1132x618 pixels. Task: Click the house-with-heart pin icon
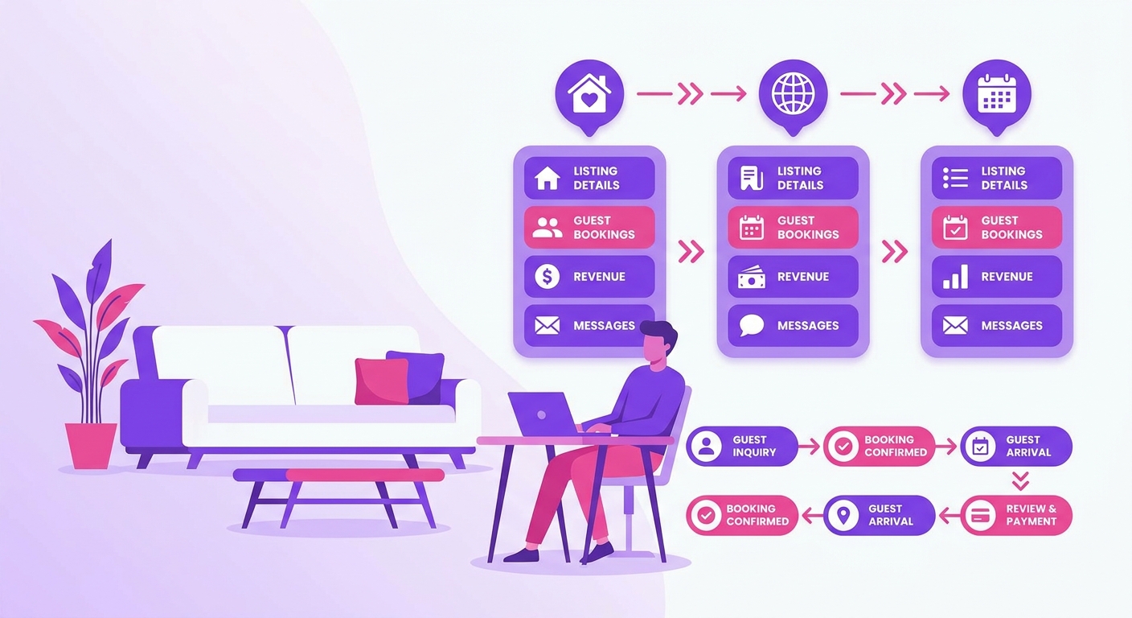589,96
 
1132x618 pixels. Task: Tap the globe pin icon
793,96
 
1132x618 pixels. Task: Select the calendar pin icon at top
997,96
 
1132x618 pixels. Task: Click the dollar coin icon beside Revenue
548,277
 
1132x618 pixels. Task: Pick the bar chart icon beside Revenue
955,277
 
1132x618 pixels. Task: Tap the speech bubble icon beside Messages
752,325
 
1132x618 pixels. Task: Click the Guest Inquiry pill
742,446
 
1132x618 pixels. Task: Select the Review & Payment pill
1015,515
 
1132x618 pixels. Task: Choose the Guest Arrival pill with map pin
880,515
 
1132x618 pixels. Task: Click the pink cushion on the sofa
382,381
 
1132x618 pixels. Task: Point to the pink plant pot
91,446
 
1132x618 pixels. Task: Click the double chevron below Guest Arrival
1020,480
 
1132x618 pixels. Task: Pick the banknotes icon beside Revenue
752,278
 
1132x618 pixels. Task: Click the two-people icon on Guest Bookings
548,228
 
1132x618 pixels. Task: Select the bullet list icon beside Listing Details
955,178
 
